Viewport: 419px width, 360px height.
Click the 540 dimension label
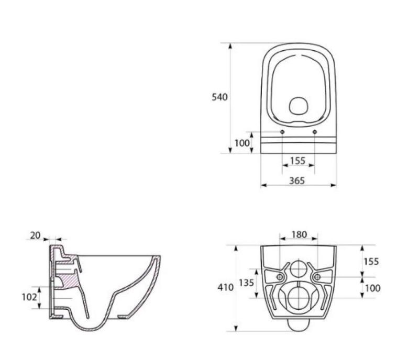[x=219, y=97]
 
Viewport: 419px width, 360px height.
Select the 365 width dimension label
[x=297, y=181]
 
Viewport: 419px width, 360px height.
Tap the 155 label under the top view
[x=297, y=161]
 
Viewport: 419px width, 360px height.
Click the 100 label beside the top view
[x=242, y=143]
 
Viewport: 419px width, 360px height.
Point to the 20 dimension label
[x=35, y=235]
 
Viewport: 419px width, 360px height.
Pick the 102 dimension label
[x=29, y=297]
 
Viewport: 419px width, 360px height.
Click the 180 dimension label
[x=299, y=234]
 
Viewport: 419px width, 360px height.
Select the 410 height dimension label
[x=226, y=287]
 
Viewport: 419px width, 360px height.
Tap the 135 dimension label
[x=246, y=283]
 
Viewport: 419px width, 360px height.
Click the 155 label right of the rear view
[x=371, y=261]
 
